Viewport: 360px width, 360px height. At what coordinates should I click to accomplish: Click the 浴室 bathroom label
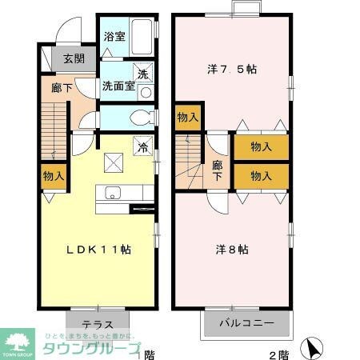click(x=114, y=36)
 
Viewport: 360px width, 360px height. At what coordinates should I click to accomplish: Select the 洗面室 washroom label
click(x=117, y=86)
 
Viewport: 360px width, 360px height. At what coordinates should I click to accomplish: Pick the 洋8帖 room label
click(x=232, y=250)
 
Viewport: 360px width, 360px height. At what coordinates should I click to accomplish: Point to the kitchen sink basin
click(x=112, y=193)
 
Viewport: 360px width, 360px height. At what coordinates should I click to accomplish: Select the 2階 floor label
click(x=278, y=354)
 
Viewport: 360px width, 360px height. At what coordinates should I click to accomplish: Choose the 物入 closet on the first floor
click(x=54, y=177)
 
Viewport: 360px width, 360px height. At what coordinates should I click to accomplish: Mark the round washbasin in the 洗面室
click(x=146, y=92)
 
